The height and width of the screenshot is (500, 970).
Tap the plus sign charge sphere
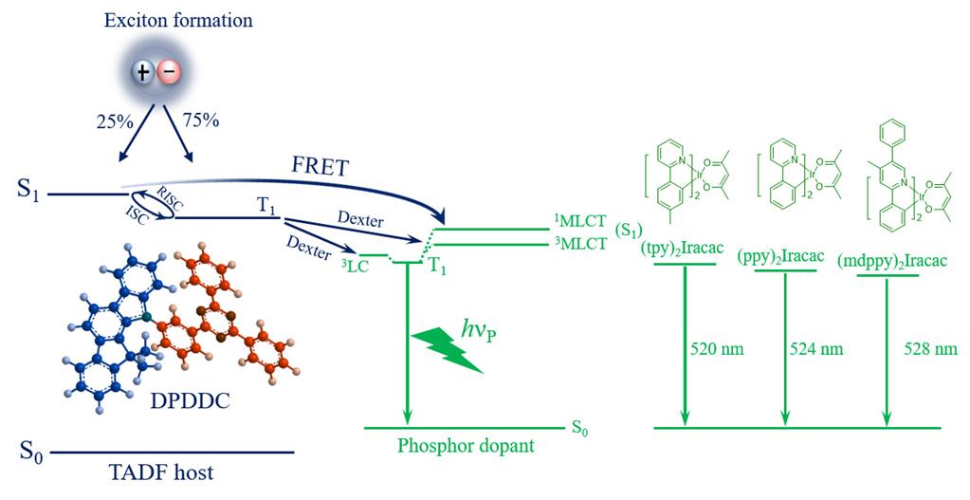click(x=142, y=71)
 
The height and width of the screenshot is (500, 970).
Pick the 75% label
click(x=200, y=120)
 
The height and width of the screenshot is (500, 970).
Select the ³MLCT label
click(x=580, y=245)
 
